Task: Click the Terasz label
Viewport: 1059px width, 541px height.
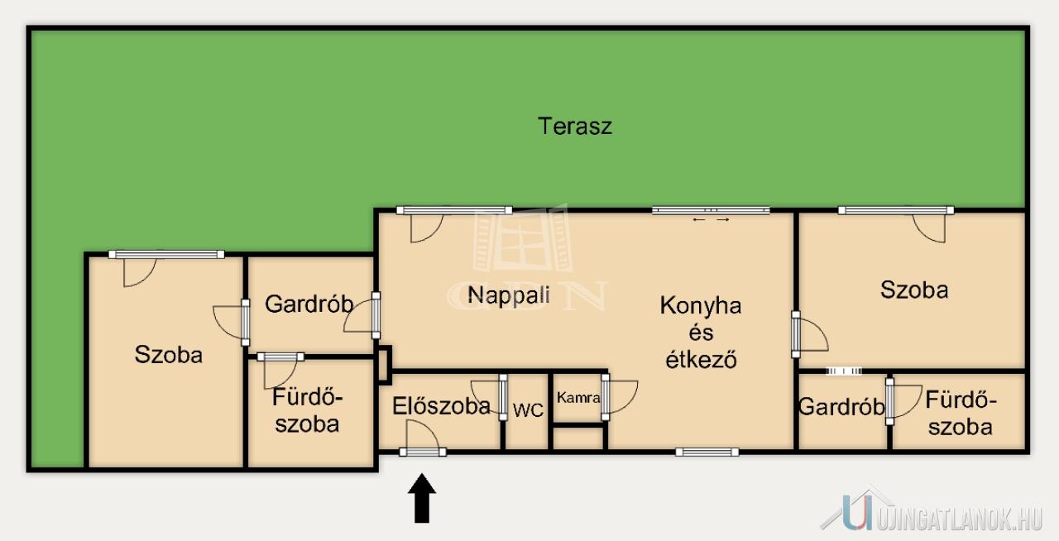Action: tap(575, 127)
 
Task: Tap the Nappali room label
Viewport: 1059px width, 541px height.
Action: tap(509, 295)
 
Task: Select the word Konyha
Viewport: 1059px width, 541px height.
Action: tap(701, 305)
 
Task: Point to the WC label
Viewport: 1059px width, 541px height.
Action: tap(528, 410)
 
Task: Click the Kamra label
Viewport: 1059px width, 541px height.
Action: tap(578, 398)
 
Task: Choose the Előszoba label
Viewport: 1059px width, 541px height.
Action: tap(441, 406)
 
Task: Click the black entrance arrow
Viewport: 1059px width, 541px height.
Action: tap(422, 499)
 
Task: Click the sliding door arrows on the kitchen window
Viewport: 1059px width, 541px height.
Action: tap(711, 219)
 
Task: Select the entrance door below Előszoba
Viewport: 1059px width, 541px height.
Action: tap(423, 452)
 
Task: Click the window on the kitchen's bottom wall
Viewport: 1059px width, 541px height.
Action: tap(707, 452)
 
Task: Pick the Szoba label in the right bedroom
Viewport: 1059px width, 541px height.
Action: tap(914, 290)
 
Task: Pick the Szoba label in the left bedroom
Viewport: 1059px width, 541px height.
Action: tap(169, 355)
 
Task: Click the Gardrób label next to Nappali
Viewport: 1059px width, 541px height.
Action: tap(309, 304)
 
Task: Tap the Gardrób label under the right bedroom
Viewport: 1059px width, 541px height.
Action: tap(841, 407)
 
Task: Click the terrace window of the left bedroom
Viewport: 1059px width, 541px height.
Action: tap(166, 255)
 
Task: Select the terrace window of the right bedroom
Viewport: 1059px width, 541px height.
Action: tap(896, 210)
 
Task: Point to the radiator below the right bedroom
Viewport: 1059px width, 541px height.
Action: tap(844, 371)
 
